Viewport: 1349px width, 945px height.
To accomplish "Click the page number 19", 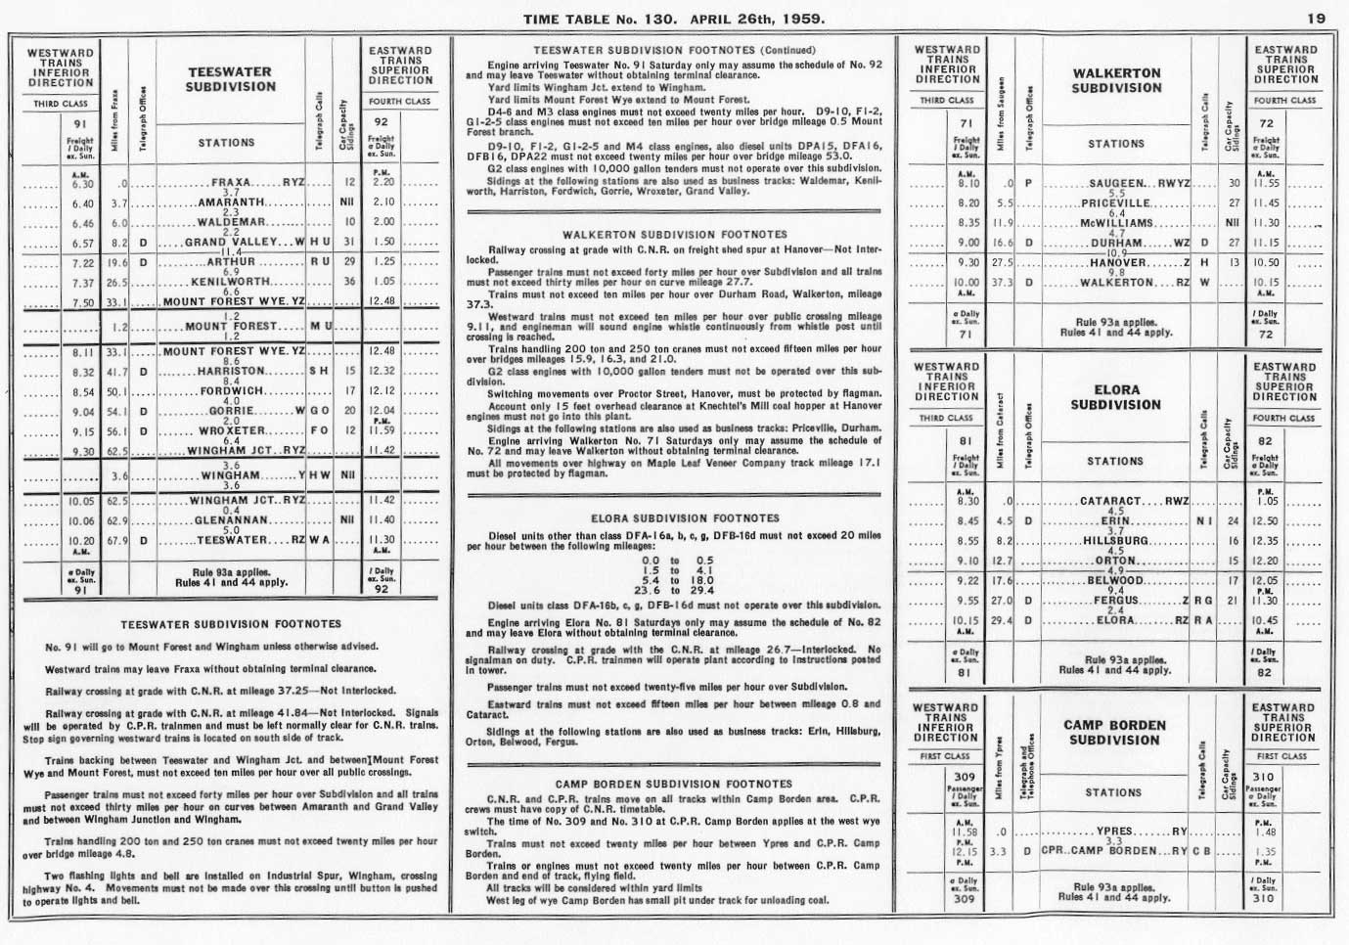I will pyautogui.click(x=1315, y=19).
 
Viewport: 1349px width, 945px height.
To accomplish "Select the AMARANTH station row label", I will pyautogui.click(x=231, y=202).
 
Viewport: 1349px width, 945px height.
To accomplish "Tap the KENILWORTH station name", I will pyautogui.click(x=231, y=282).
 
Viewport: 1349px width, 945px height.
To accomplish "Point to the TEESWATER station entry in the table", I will pyautogui.click(x=232, y=539).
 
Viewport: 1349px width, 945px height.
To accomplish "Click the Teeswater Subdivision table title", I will pyautogui.click(x=230, y=79).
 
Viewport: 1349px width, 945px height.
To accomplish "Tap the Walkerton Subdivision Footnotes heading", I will pyautogui.click(x=674, y=235).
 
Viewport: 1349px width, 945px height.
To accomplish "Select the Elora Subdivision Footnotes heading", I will pyautogui.click(x=672, y=518).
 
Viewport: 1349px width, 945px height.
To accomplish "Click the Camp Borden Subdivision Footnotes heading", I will pyautogui.click(x=673, y=784).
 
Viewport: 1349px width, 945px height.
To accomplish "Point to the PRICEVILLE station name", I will pyautogui.click(x=1116, y=203).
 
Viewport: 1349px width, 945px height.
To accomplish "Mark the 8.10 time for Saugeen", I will pyautogui.click(x=968, y=183).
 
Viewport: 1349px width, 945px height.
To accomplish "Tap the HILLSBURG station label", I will pyautogui.click(x=1115, y=541).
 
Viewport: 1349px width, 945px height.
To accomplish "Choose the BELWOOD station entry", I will pyautogui.click(x=1115, y=580).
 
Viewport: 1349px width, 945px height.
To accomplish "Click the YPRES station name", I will pyautogui.click(x=1100, y=832).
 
